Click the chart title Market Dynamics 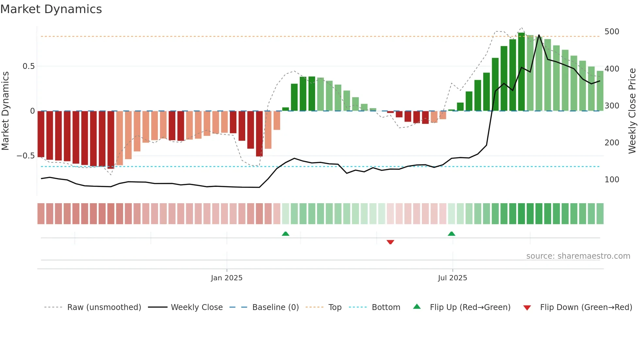[x=51, y=9]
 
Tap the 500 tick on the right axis [x=612, y=32]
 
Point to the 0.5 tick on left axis [x=28, y=66]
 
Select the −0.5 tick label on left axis [x=26, y=156]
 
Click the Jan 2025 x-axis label [x=227, y=278]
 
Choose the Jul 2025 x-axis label [x=452, y=278]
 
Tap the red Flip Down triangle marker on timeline [x=390, y=242]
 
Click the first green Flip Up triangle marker [x=285, y=234]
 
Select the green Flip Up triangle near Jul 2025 [x=451, y=234]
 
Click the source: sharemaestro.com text [x=578, y=256]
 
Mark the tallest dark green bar [x=521, y=72]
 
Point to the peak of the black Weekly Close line [x=539, y=35]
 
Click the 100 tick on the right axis [x=612, y=180]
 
